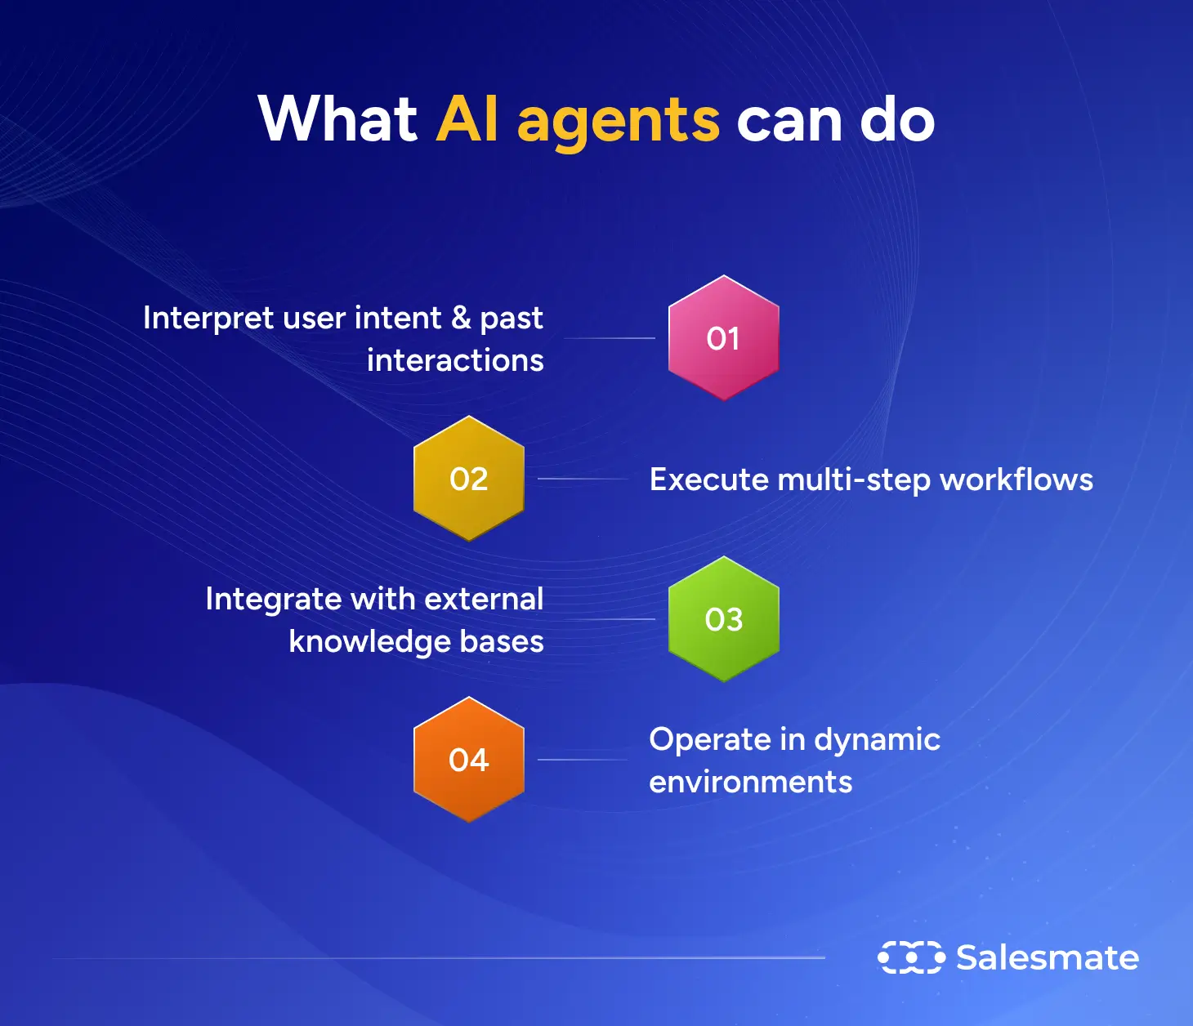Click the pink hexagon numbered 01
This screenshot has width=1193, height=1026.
(x=723, y=338)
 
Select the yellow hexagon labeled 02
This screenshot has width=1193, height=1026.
(x=468, y=479)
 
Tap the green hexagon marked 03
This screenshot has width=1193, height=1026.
(x=723, y=619)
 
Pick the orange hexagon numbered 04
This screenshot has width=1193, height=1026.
(x=468, y=760)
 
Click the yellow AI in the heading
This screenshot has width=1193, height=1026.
(x=467, y=119)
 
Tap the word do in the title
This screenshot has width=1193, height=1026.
(x=896, y=119)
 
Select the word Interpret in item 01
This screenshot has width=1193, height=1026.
(x=208, y=318)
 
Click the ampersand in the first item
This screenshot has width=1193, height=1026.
(x=461, y=318)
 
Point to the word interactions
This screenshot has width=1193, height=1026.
(x=455, y=360)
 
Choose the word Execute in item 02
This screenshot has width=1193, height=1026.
(x=708, y=480)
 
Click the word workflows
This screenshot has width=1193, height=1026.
(x=1017, y=480)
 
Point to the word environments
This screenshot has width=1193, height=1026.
(x=750, y=782)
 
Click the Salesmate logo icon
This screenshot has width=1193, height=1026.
(x=911, y=957)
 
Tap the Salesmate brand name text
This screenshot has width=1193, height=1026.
(x=1047, y=957)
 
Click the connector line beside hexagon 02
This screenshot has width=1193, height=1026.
(x=582, y=479)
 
